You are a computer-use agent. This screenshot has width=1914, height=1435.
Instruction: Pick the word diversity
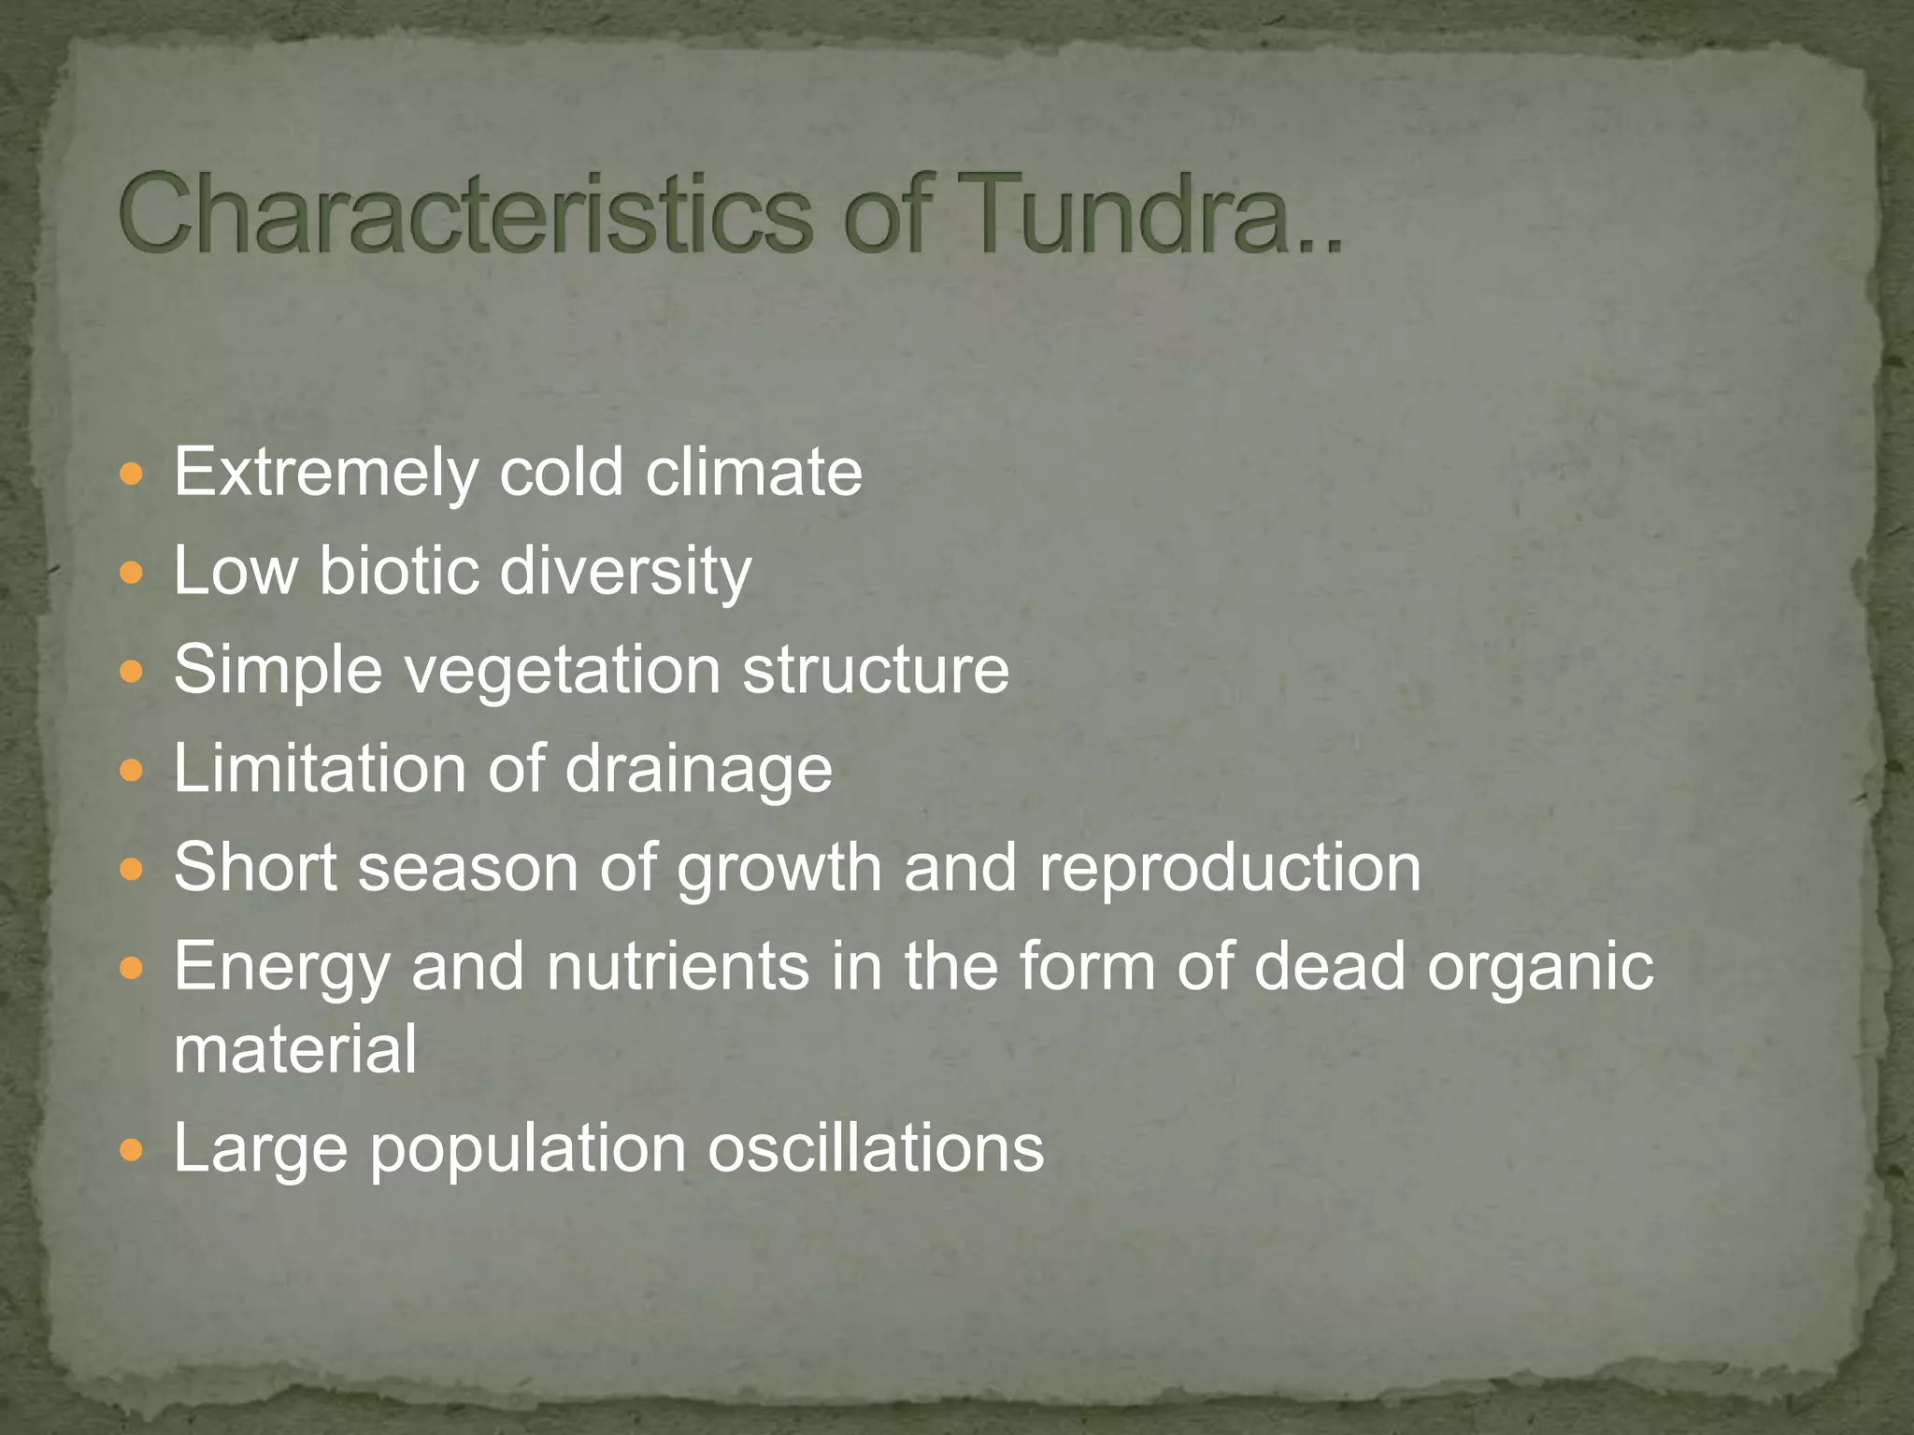625,571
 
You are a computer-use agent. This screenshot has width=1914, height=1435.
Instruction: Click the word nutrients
678,966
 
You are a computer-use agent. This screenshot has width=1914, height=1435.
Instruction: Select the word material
295,1049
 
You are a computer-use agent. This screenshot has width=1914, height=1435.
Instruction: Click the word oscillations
875,1148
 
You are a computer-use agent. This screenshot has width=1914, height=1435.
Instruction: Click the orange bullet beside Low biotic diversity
132,572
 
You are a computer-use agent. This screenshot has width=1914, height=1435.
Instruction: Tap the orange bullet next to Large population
132,1148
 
